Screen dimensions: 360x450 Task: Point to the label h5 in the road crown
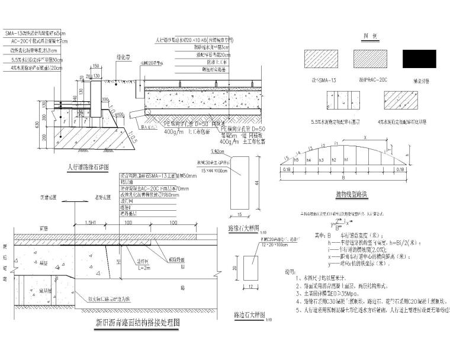pos(295,160)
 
